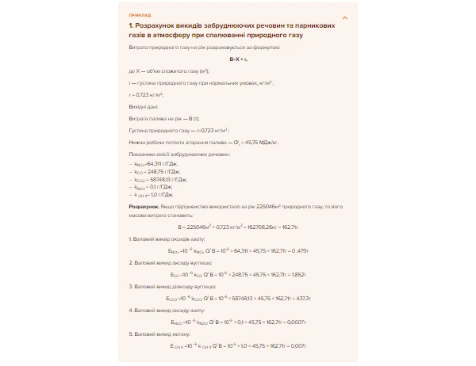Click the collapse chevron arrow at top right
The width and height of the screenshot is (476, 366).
344,17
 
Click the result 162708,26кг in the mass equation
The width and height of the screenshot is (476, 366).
259,227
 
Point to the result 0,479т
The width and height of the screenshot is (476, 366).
295,249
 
